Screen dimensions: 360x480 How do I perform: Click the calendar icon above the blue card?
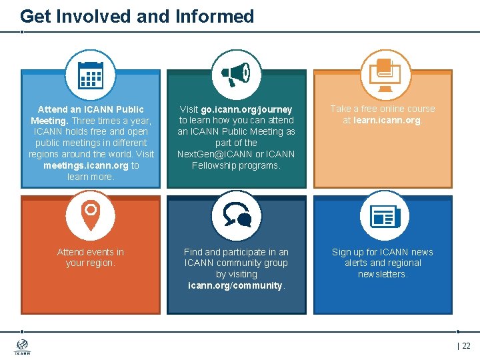pos(91,75)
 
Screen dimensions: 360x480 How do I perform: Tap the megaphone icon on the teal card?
pos(236,74)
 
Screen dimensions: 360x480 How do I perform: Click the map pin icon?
pos(91,215)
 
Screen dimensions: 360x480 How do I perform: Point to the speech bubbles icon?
pos(236,215)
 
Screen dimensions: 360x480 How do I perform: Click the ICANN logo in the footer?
pos(22,347)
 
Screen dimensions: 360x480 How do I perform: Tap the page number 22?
pos(466,345)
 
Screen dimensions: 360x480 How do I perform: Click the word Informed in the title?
pos(214,16)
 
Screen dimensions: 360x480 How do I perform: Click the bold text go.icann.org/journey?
pos(257,109)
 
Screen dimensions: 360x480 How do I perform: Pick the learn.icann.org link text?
pos(387,120)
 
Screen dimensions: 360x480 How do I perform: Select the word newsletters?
pos(382,274)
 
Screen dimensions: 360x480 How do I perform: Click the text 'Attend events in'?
pos(91,252)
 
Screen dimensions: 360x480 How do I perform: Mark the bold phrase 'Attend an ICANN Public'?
pos(91,109)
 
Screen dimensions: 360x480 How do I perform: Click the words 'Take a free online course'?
pos(383,109)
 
